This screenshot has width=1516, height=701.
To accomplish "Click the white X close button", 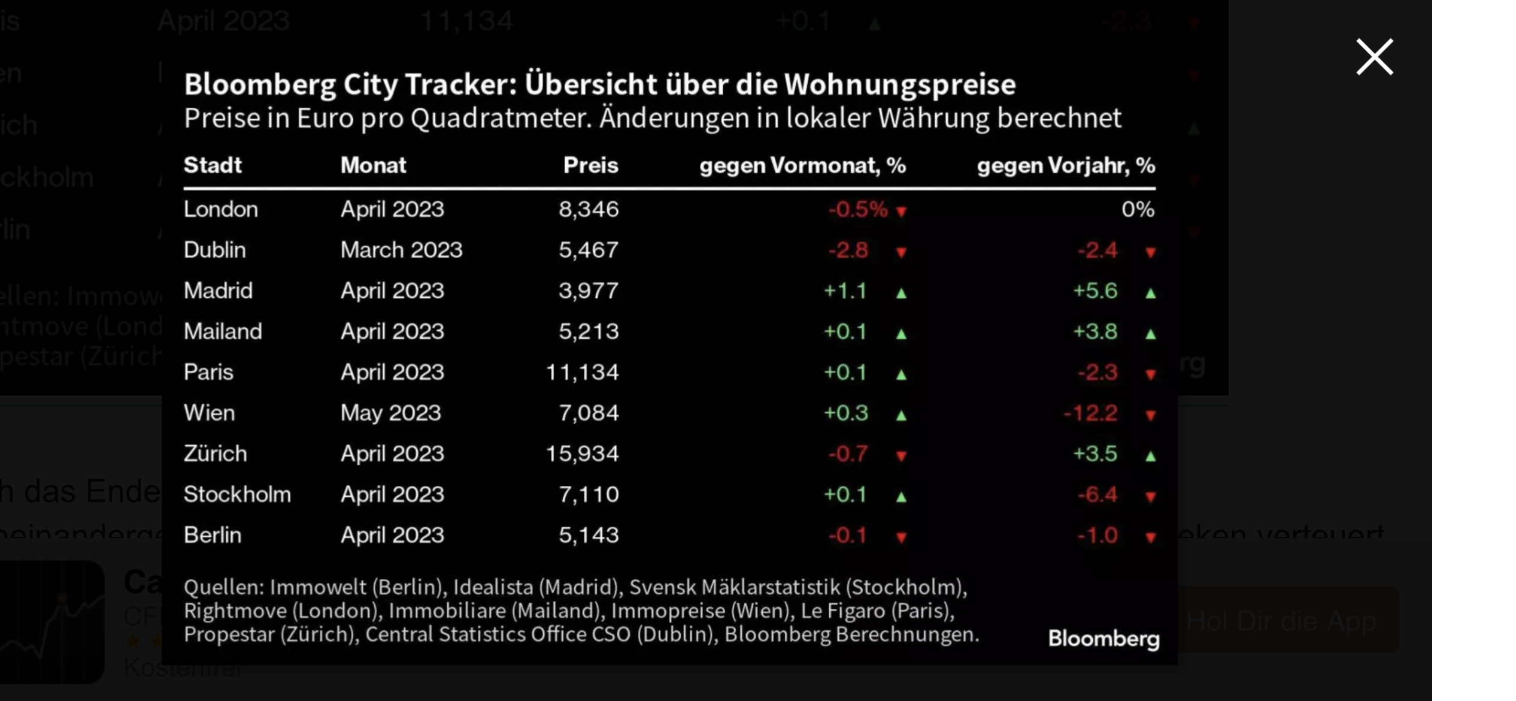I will [1374, 58].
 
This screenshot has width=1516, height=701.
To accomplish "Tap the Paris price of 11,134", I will [581, 373].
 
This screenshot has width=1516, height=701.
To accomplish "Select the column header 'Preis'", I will [590, 165].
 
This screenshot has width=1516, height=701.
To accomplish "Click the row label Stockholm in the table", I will [237, 495].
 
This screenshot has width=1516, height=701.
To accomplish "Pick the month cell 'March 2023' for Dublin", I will [401, 250].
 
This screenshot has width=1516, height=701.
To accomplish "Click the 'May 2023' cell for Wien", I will [390, 413].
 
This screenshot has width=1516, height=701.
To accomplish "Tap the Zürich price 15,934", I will [581, 454].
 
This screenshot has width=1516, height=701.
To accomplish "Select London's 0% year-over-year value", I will [1138, 210].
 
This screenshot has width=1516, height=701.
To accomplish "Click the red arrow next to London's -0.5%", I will [901, 211].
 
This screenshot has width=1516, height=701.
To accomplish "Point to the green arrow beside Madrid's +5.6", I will [1150, 293].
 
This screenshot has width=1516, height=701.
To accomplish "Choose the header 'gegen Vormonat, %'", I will [802, 165].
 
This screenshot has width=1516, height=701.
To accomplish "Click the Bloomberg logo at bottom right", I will [1103, 639].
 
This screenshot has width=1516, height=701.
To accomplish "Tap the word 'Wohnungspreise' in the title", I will [900, 84].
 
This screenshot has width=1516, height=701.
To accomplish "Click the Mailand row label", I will [223, 332].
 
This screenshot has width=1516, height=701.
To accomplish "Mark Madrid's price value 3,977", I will [588, 291].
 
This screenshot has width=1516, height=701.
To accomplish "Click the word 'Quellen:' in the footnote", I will [224, 587].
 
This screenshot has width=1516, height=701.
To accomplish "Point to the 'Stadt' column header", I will [213, 165].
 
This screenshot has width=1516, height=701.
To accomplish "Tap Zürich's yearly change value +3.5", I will [1094, 454].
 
